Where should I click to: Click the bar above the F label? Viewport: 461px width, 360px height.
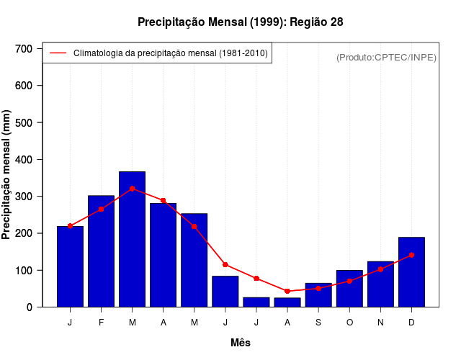[x=101, y=251]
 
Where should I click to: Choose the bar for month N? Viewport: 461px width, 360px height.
[x=380, y=284]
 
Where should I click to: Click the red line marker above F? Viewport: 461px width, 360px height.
[x=101, y=209]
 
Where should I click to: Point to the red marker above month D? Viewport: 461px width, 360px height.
[x=411, y=255]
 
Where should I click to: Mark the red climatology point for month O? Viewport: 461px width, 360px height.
[x=349, y=281]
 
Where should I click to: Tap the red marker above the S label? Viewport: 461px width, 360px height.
[x=318, y=288]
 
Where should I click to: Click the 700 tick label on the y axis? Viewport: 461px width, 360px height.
[x=24, y=49]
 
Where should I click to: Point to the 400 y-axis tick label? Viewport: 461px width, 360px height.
[x=24, y=160]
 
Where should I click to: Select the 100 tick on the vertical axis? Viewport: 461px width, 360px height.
[x=24, y=271]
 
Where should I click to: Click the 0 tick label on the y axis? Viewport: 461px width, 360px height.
[x=30, y=307]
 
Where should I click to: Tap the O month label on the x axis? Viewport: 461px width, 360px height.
[x=349, y=323]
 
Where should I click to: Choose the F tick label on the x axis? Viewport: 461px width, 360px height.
[x=101, y=323]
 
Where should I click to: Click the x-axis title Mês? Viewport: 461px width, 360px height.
[x=241, y=343]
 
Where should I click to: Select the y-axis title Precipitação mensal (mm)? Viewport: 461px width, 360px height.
[x=7, y=175]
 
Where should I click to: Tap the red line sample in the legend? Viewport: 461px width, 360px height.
[x=58, y=53]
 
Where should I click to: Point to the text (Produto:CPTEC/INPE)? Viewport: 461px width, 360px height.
[x=386, y=57]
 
